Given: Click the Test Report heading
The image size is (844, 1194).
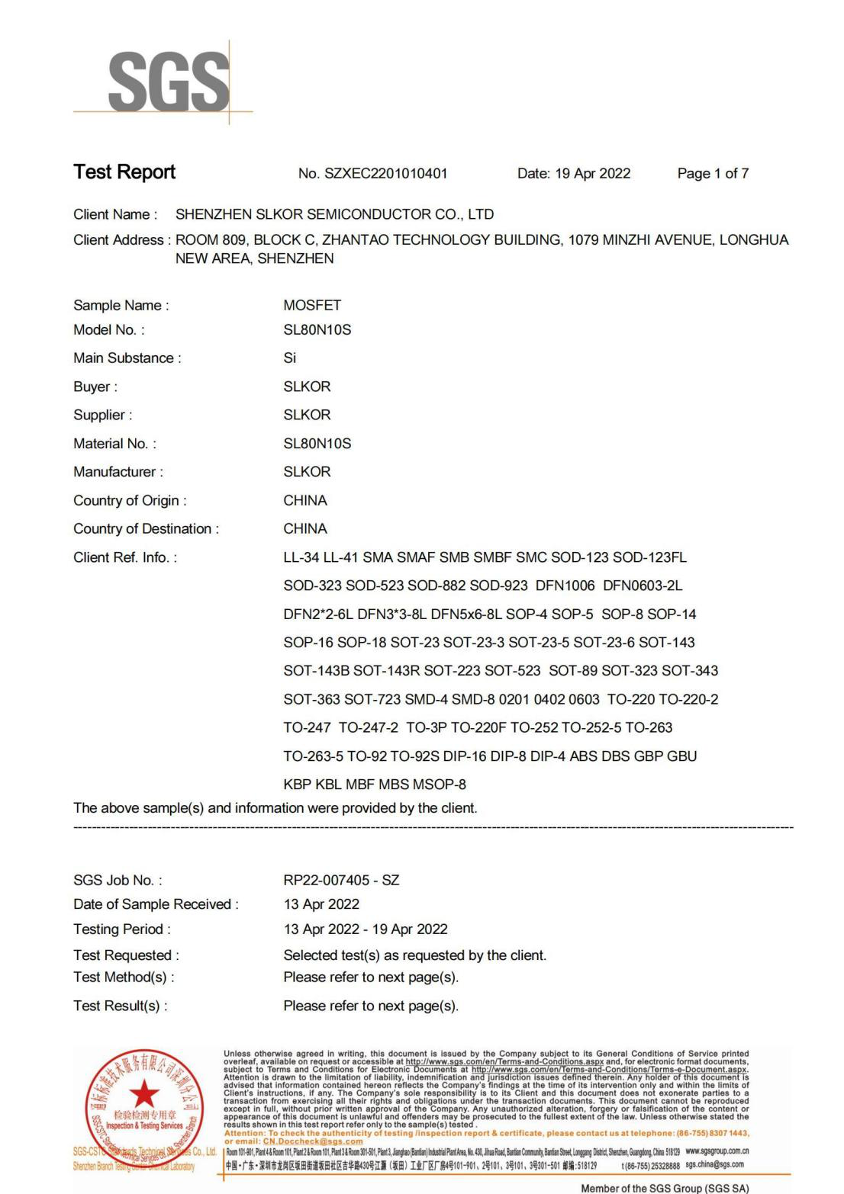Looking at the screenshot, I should coord(124,172).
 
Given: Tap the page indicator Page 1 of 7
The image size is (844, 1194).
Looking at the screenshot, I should coord(713,174).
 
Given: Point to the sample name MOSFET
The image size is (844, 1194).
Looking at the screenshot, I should coord(312,305).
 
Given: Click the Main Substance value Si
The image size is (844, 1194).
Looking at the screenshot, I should coord(290,358).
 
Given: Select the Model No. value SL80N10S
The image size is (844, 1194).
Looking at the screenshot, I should coord(317,330).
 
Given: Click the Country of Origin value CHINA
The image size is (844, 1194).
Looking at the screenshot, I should coord(305,500).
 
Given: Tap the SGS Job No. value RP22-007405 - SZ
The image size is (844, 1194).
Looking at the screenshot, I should coord(341,880).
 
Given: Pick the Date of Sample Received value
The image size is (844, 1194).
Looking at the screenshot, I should coord(321,904).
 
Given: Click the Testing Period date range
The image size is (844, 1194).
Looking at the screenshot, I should coord(366,929).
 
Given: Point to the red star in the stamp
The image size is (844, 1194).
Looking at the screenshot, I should coord(144,1096).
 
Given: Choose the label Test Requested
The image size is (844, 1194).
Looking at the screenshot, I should coord(126,955).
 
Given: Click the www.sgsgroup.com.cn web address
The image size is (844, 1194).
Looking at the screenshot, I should coord(717,1151).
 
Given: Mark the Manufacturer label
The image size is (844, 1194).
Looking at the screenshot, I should coord(118,472).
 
